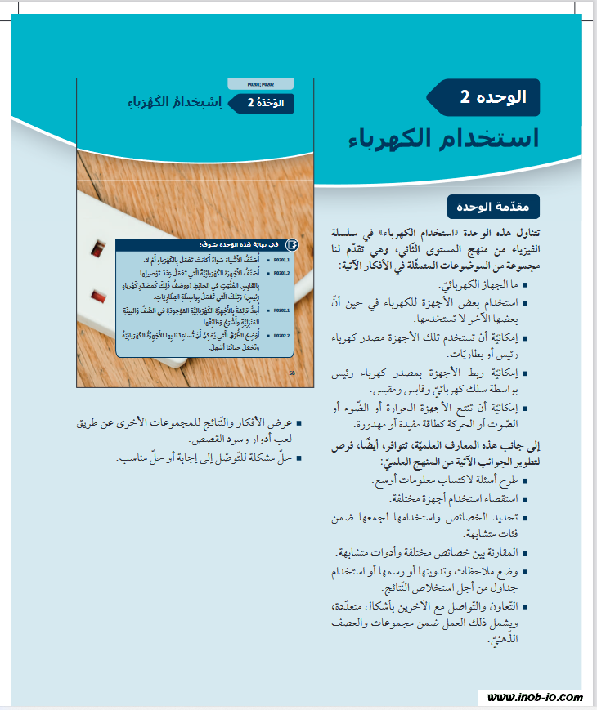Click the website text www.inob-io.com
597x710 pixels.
(535, 697)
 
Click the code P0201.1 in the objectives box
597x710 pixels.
(283, 259)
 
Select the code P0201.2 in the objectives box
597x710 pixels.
(283, 274)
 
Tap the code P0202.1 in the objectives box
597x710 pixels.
(283, 310)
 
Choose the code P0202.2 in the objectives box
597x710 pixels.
(283, 336)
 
